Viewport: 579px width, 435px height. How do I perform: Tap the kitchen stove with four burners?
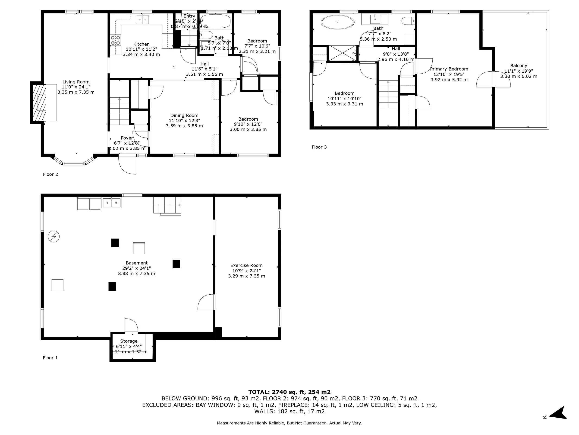(x=115, y=40)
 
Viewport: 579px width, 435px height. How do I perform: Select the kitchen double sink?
(x=143, y=19)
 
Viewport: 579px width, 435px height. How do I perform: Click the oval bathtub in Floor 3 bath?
(x=338, y=22)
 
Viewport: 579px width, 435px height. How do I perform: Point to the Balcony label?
(x=518, y=66)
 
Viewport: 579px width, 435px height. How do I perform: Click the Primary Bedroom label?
(x=449, y=69)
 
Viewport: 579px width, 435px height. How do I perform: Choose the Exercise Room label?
(x=246, y=265)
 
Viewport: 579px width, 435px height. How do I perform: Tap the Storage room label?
(x=129, y=341)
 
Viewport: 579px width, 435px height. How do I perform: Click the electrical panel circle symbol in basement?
(x=54, y=236)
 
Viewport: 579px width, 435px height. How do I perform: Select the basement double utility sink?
(x=112, y=203)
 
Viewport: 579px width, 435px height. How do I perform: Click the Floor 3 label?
(x=319, y=147)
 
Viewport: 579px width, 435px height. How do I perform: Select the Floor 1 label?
(x=50, y=358)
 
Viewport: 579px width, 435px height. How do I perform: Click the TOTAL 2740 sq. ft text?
(x=289, y=392)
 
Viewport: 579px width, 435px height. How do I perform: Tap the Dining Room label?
(x=184, y=115)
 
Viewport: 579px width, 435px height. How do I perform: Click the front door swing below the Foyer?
(x=127, y=165)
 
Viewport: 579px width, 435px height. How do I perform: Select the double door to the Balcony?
(x=493, y=79)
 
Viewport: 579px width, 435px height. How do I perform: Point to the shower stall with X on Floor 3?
(x=342, y=53)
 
